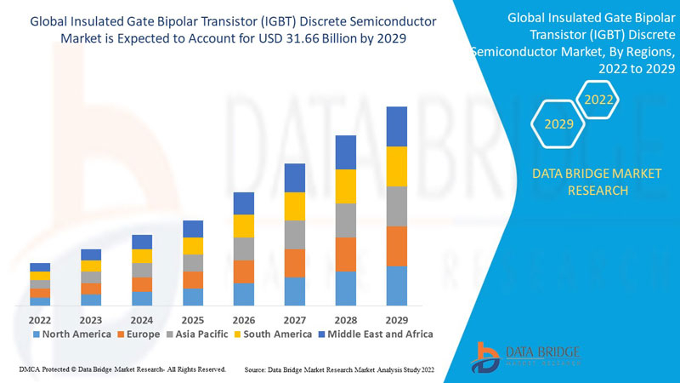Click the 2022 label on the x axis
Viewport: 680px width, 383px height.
pyautogui.click(x=40, y=320)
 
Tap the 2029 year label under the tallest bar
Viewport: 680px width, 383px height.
pyautogui.click(x=397, y=320)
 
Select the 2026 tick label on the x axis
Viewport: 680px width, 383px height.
pyautogui.click(x=244, y=320)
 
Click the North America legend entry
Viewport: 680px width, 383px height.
pyautogui.click(x=71, y=334)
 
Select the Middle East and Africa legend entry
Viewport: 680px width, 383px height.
pyautogui.click(x=374, y=334)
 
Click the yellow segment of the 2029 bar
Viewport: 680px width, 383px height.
pyautogui.click(x=397, y=166)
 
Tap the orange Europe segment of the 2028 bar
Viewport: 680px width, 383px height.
pyautogui.click(x=346, y=254)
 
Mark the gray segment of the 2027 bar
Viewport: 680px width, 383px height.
pyautogui.click(x=295, y=234)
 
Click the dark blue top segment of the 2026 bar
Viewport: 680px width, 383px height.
pyautogui.click(x=244, y=203)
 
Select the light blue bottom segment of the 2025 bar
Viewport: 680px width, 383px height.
pyautogui.click(x=193, y=296)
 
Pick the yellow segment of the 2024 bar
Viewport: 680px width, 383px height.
pyautogui.click(x=142, y=255)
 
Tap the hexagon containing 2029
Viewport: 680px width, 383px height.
pyautogui.click(x=558, y=124)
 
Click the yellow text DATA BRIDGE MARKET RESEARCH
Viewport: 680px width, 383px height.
pyautogui.click(x=583, y=182)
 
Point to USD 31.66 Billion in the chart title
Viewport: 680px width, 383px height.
pyautogui.click(x=350, y=39)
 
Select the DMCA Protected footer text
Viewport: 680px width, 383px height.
pyautogui.click(x=122, y=369)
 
